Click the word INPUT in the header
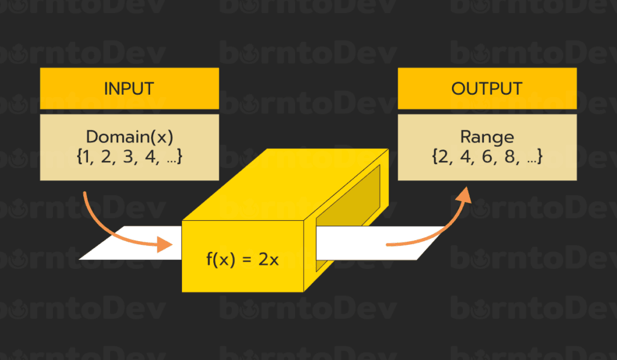click(x=129, y=89)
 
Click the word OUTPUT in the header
click(x=486, y=89)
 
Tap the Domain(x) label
click(x=129, y=137)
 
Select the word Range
click(x=486, y=137)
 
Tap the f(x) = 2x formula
click(x=242, y=261)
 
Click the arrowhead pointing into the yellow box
click(x=166, y=245)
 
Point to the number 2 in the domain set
click(x=109, y=157)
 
